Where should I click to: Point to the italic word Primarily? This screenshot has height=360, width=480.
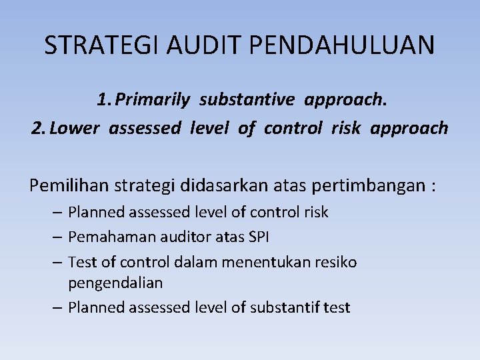154,100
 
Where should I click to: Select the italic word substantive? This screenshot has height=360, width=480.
247,100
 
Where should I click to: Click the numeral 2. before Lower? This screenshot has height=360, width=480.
38,128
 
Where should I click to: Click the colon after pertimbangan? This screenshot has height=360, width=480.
434,186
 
